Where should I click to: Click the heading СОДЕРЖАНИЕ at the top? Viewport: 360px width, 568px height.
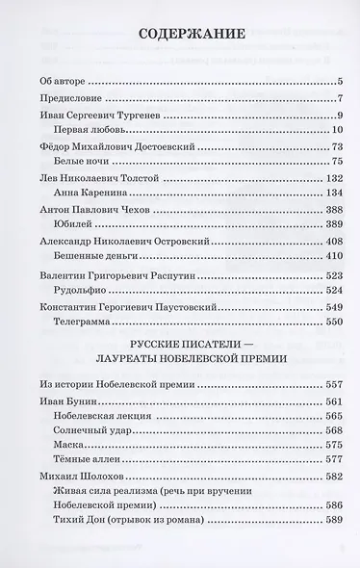coord(180,38)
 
